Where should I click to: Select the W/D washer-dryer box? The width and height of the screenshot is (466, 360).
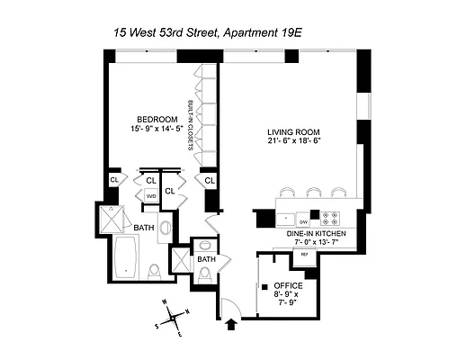[151, 195]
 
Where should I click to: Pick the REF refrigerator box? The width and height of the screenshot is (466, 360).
[304, 255]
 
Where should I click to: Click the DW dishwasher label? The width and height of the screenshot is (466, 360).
[304, 220]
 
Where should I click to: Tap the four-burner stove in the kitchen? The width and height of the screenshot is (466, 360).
[330, 217]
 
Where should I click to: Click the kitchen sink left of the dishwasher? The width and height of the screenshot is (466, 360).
[285, 218]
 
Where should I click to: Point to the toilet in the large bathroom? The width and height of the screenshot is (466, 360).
[155, 269]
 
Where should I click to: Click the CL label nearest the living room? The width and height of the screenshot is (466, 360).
[209, 180]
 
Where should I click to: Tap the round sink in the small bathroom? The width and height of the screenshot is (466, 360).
[206, 245]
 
